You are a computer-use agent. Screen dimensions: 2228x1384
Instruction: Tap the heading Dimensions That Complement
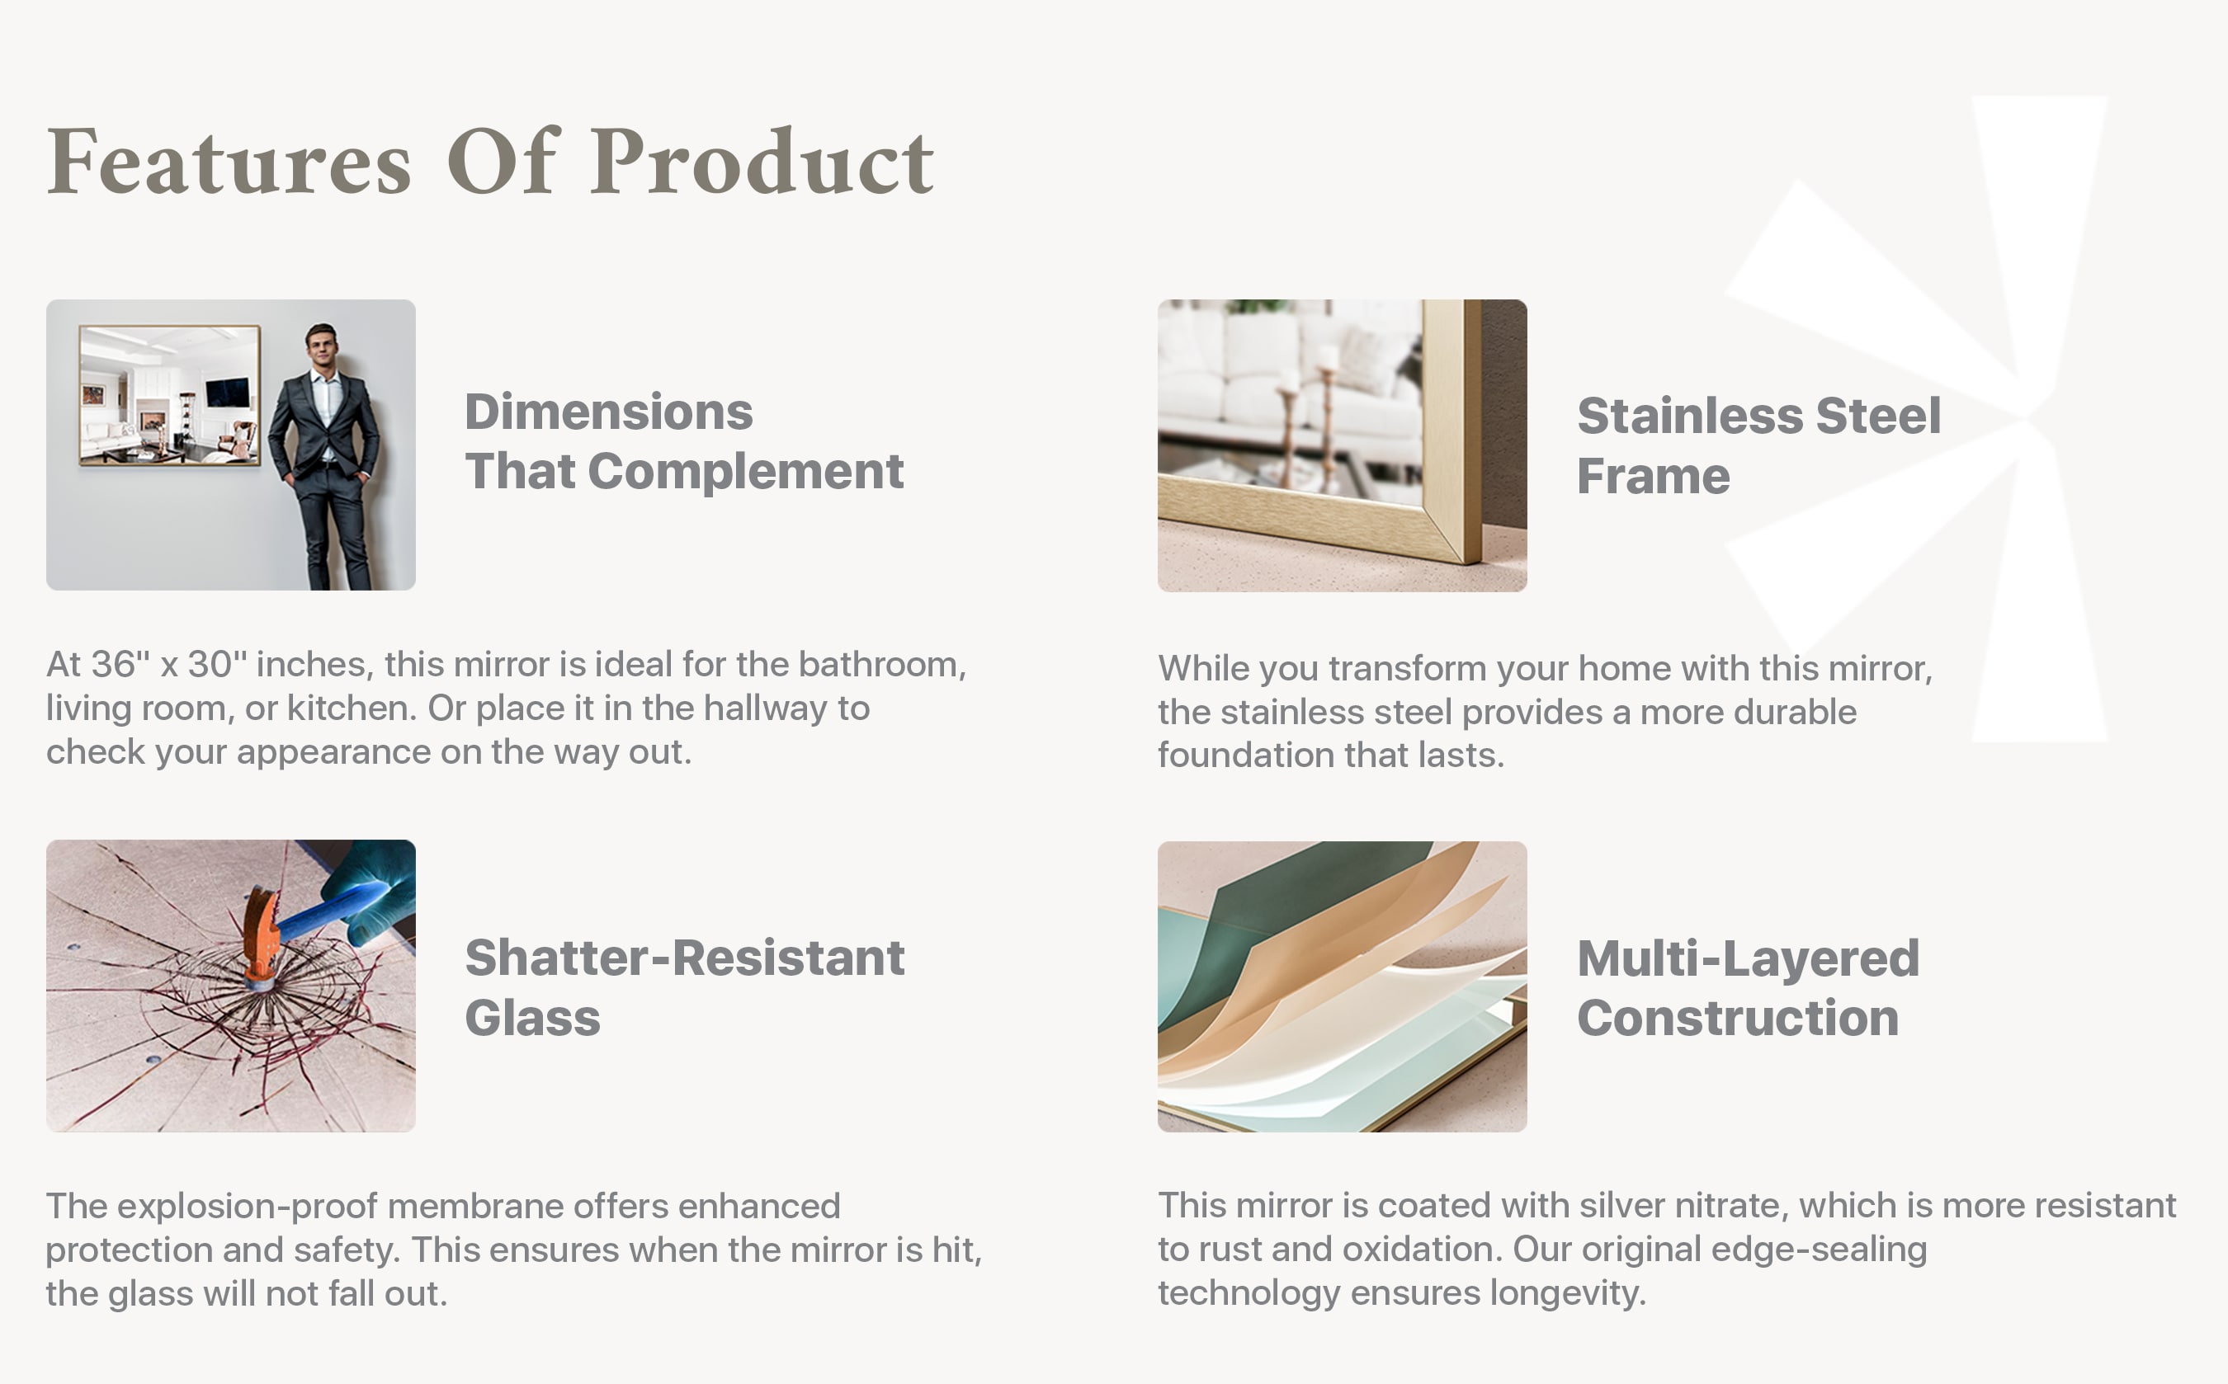point(684,441)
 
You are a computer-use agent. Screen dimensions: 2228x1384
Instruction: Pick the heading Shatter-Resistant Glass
point(684,987)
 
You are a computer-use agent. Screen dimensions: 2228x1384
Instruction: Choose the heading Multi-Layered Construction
point(1747,987)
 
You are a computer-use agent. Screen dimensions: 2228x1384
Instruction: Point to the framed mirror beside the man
point(169,395)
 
